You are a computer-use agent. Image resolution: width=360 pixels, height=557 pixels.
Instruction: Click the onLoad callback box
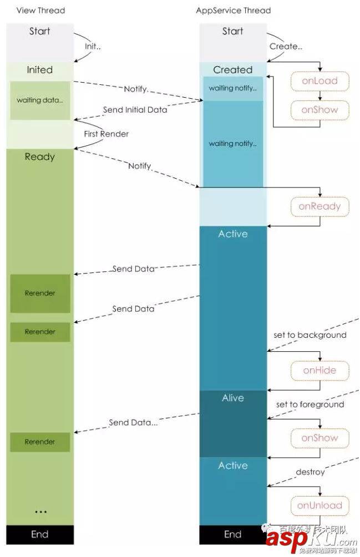pos(320,81)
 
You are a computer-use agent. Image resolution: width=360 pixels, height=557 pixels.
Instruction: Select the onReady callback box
pos(320,206)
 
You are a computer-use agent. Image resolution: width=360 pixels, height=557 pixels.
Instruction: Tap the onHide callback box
pos(320,371)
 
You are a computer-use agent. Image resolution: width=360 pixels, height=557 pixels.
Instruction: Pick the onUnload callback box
pos(320,505)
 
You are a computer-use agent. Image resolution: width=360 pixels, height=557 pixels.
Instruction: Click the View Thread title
pos(40,11)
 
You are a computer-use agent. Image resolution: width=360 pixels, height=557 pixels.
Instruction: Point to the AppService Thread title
pos(234,11)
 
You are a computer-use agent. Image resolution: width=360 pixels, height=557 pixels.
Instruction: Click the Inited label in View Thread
pos(40,70)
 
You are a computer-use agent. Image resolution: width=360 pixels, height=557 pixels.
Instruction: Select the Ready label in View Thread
pos(40,157)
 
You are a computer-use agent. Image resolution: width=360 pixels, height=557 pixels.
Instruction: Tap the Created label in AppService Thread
pos(233,70)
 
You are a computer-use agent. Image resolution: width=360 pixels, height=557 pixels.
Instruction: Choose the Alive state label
pos(233,398)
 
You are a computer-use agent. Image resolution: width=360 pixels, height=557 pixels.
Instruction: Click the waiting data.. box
pos(40,100)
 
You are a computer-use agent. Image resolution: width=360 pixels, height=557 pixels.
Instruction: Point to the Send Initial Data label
pos(135,110)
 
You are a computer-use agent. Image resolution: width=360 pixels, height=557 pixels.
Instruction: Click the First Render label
pos(107,134)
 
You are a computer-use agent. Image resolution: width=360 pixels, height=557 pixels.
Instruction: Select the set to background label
pos(310,335)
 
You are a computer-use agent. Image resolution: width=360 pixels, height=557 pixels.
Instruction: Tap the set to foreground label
pos(310,404)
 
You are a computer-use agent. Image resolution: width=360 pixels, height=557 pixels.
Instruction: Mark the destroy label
pos(310,472)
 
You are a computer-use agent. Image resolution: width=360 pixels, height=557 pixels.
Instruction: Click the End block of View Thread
pos(40,534)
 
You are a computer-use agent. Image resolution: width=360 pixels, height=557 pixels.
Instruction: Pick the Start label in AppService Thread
pos(233,32)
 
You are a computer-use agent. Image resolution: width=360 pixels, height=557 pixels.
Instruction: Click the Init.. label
pos(93,47)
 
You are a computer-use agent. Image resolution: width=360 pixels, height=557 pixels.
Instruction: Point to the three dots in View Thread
pos(40,511)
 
